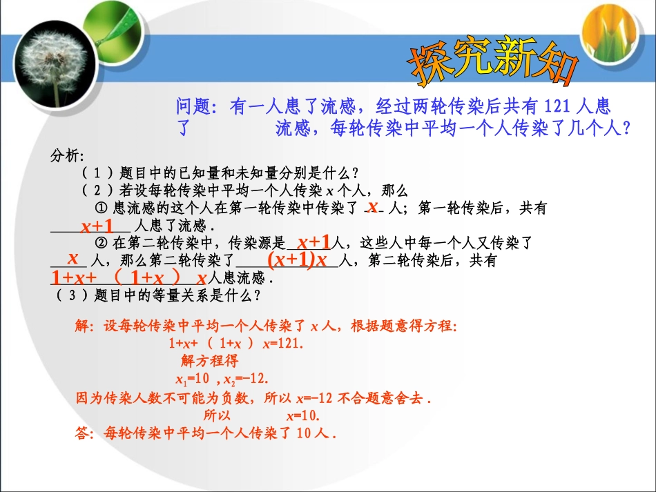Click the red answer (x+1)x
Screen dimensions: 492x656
[x=298, y=260]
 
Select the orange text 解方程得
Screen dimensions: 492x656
[x=209, y=362]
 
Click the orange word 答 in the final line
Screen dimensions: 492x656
[x=82, y=433]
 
